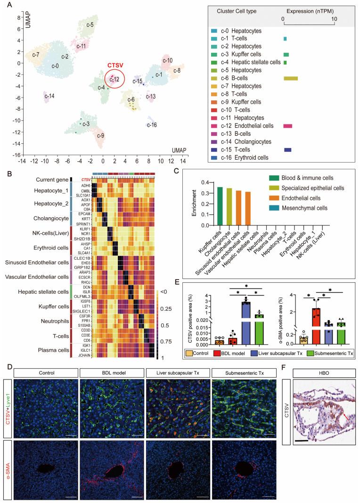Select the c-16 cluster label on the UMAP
[x=151, y=125]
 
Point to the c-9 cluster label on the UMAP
[x=100, y=136]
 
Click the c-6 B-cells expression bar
[x=290, y=78]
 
